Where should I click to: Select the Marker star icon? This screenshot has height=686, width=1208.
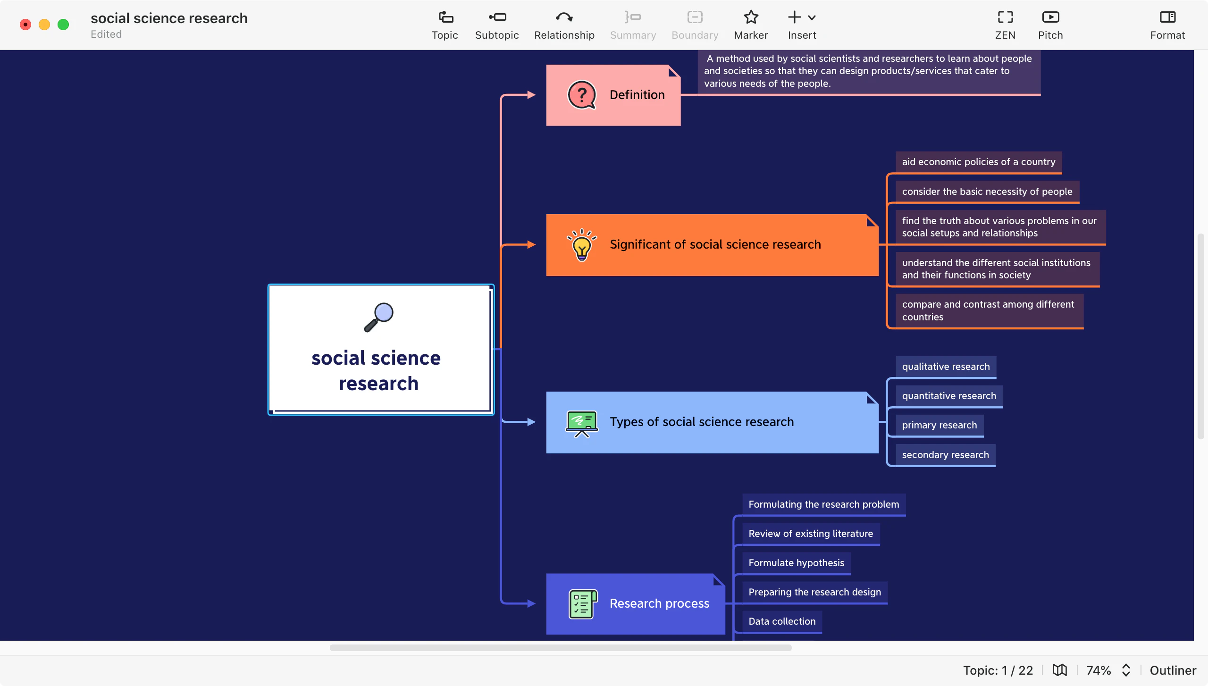click(751, 18)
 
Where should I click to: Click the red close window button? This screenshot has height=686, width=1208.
click(25, 25)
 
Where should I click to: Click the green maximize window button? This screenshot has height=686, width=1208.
click(63, 25)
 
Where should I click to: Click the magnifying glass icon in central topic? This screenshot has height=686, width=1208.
click(379, 317)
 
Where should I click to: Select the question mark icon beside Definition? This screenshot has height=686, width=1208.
click(581, 95)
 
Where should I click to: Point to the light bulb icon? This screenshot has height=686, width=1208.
click(582, 244)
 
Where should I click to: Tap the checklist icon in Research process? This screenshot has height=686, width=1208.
click(582, 603)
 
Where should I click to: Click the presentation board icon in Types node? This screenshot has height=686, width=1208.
click(581, 423)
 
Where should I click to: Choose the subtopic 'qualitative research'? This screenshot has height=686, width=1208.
click(946, 367)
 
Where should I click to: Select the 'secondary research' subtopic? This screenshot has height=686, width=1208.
click(945, 455)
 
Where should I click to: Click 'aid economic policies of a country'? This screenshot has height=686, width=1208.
click(979, 162)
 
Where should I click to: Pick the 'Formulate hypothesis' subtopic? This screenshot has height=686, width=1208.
click(796, 563)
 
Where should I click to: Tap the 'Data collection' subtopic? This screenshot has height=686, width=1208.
click(782, 621)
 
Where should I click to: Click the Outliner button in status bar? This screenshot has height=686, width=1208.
click(1173, 670)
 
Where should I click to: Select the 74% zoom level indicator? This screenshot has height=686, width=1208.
click(1099, 670)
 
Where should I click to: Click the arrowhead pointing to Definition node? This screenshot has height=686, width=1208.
click(531, 95)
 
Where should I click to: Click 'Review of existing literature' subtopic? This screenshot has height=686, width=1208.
click(811, 534)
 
